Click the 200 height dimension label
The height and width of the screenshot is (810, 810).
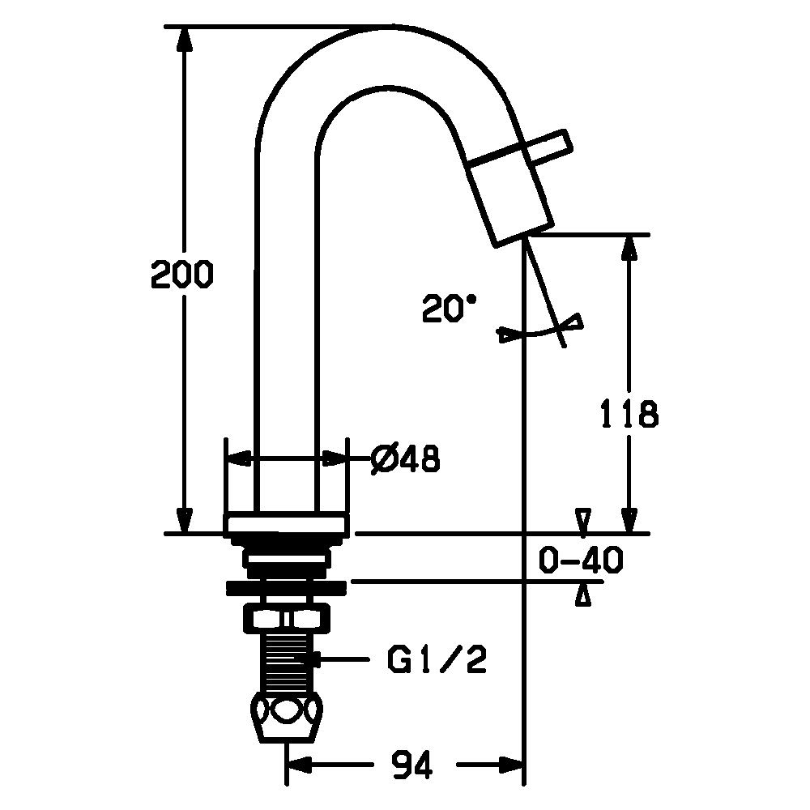[181, 274]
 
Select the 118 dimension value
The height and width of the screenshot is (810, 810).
[629, 413]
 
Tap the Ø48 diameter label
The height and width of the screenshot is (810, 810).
[406, 458]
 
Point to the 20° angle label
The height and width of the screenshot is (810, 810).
[449, 308]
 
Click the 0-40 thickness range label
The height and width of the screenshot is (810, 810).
[581, 560]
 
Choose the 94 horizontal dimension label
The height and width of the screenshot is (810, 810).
[411, 765]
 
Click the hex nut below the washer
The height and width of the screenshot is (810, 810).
[286, 618]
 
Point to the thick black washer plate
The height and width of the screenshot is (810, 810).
[286, 587]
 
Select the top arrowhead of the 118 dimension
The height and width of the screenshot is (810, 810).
[629, 249]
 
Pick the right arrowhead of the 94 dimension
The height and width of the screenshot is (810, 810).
[511, 765]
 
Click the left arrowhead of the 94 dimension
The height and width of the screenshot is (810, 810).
[300, 765]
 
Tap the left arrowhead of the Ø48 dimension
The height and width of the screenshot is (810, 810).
[239, 458]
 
